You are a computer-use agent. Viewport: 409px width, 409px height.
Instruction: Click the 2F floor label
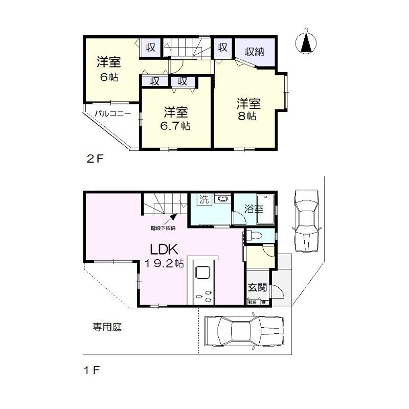coord(95,158)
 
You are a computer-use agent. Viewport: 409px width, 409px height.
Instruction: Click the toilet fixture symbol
coord(255,236)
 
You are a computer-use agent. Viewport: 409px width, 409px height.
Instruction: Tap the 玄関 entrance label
coord(257,287)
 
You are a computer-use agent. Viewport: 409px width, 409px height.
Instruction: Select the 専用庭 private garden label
coord(107,326)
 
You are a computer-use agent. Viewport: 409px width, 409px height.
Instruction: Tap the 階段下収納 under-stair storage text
coord(163,228)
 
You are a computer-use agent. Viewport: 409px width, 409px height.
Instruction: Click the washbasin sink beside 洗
coord(222,199)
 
